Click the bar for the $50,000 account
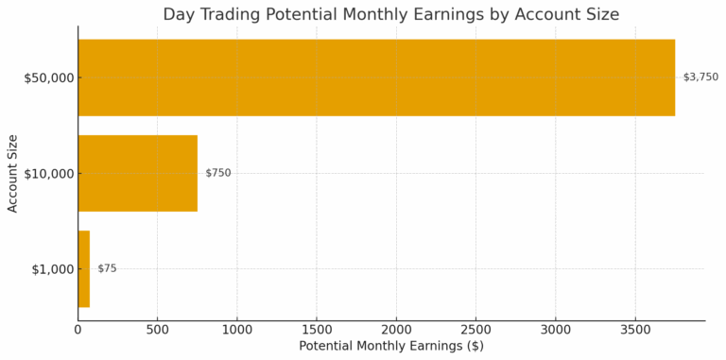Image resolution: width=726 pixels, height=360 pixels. pyautogui.click(x=376, y=77)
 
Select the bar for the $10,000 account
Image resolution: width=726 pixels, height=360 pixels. pyautogui.click(x=138, y=173)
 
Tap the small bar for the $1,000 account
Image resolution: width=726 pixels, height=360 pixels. pyautogui.click(x=83, y=268)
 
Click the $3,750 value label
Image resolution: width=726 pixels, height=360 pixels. pyautogui.click(x=700, y=77)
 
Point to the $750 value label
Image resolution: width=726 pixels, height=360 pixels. pyautogui.click(x=218, y=173)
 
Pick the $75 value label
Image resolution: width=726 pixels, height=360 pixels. pyautogui.click(x=107, y=268)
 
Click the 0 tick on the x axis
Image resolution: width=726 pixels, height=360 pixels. pyautogui.click(x=78, y=330)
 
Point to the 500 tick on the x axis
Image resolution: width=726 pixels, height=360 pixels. pyautogui.click(x=158, y=330)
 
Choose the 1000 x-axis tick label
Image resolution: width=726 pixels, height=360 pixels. pyautogui.click(x=237, y=330)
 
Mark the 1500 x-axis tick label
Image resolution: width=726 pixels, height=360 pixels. pyautogui.click(x=317, y=330)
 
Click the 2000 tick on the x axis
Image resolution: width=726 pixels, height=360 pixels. pyautogui.click(x=397, y=330)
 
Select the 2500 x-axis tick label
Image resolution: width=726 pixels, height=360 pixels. pyautogui.click(x=476, y=330)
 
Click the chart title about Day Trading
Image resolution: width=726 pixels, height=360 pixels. pyautogui.click(x=390, y=14)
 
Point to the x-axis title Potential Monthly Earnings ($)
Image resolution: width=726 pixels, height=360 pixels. pyautogui.click(x=391, y=347)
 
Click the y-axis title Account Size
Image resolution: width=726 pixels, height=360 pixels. pyautogui.click(x=13, y=173)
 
